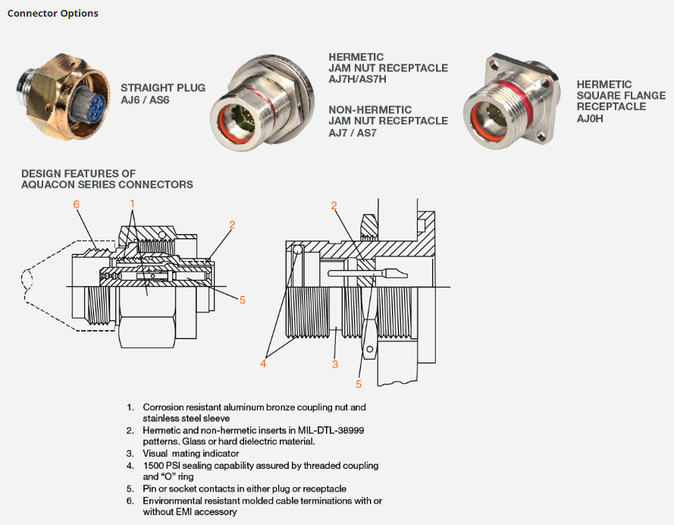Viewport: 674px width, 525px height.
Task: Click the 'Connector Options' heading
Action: point(52,14)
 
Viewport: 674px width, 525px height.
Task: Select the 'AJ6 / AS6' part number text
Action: point(145,100)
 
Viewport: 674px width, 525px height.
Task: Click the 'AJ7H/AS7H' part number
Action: point(357,79)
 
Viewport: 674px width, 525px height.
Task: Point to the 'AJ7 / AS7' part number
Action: point(353,133)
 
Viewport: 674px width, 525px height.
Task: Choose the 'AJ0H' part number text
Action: point(590,118)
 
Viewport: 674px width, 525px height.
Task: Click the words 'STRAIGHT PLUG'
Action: point(163,88)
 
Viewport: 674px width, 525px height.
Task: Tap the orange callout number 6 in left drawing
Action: point(77,204)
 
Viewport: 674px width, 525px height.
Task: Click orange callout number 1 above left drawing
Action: point(133,203)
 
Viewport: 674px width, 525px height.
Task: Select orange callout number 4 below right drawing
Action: point(263,363)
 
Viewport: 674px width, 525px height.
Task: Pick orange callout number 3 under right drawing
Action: point(335,365)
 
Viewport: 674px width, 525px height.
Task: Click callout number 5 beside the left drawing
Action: point(243,300)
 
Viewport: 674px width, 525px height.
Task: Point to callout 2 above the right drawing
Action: point(334,206)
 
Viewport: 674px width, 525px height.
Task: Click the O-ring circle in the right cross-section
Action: point(298,250)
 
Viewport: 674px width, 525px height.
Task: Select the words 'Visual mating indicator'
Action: point(191,454)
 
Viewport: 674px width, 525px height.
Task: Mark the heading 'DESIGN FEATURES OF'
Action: point(79,174)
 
